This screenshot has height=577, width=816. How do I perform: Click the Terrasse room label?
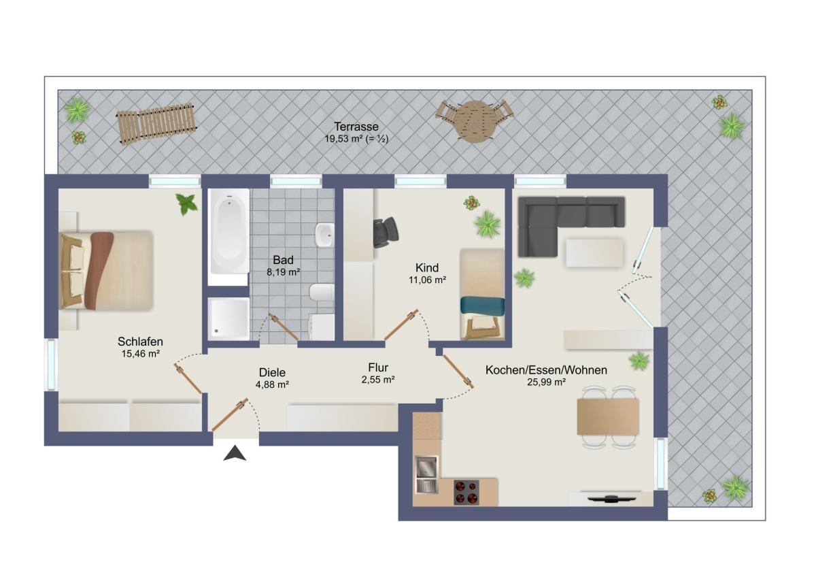356,127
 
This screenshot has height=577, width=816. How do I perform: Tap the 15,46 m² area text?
140,354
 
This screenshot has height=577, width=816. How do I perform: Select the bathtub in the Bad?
228,231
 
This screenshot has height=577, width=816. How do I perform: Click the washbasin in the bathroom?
324,235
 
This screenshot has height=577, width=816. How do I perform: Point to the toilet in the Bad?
322,293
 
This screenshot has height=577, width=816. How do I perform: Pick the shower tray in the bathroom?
228,319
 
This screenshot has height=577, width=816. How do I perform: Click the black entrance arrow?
235,453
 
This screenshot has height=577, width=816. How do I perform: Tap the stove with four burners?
466,492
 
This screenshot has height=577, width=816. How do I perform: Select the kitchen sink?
426,474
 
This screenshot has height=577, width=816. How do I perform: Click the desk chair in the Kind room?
386,232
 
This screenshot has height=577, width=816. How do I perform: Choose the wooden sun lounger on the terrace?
156,124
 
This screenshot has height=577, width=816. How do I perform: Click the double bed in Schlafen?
105,271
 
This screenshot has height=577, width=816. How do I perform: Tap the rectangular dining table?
608,416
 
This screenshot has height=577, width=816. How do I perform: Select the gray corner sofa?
571,226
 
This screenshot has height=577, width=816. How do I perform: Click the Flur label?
378,367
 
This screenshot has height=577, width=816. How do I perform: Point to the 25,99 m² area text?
546,382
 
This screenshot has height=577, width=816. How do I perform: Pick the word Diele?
272,372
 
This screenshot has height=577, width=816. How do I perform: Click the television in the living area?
611,499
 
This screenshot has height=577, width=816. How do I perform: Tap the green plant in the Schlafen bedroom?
186,203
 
